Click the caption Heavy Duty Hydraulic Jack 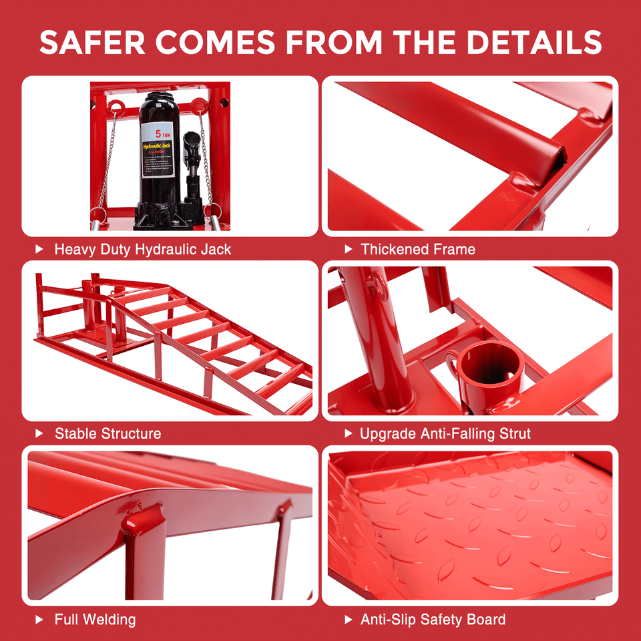click(x=143, y=250)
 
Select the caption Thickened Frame click(x=418, y=250)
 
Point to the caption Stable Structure click(x=108, y=433)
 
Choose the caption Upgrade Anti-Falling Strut click(x=445, y=433)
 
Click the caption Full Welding click(x=95, y=619)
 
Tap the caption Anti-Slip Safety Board click(x=433, y=619)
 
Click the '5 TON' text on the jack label click(x=163, y=134)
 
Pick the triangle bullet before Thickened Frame click(x=348, y=250)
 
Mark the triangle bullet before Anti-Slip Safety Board click(x=348, y=619)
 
